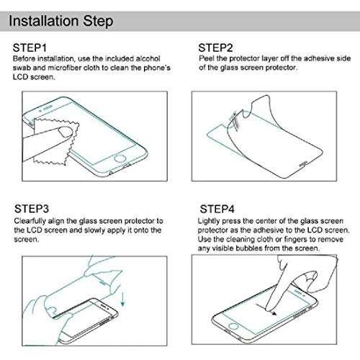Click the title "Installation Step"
tap(60, 21)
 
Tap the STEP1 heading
tap(32, 48)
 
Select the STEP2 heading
tap(215, 48)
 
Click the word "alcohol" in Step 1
tap(154, 58)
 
